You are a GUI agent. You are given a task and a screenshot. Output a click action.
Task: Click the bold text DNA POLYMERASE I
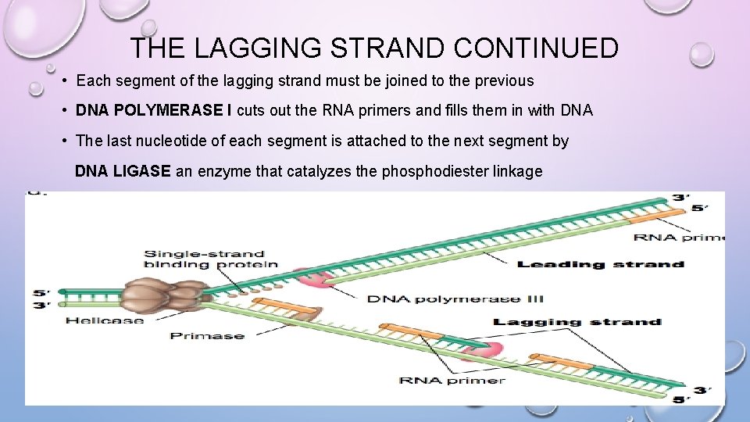153,111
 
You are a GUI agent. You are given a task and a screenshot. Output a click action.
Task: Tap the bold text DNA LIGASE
123,171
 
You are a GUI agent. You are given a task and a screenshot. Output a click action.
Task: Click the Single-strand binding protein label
209,259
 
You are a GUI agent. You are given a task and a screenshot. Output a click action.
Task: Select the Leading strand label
601,264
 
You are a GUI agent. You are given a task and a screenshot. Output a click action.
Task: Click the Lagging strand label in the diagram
577,322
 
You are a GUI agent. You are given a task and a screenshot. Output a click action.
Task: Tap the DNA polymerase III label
455,299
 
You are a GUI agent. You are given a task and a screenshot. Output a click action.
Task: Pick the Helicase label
105,320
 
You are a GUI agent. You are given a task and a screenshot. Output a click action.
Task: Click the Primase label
207,336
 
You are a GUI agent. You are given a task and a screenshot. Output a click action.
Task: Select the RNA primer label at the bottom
452,381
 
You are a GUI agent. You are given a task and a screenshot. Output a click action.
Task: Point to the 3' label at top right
680,198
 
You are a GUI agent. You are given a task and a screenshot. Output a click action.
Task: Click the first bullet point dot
69,80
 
